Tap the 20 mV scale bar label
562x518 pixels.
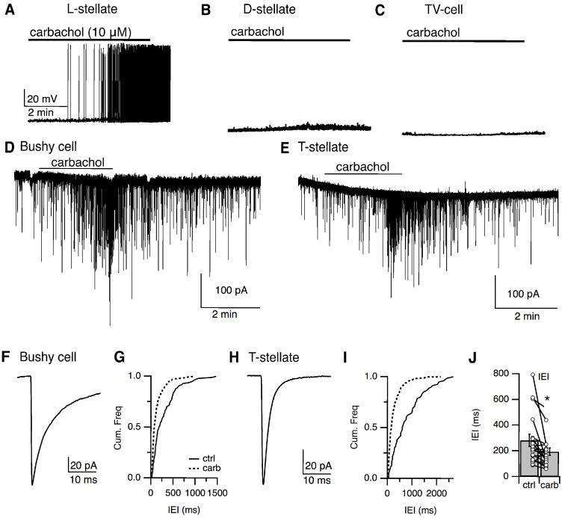42,99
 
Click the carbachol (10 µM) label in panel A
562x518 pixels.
74,32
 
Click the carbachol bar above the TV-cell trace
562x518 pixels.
463,40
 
